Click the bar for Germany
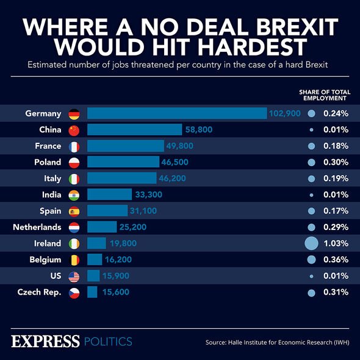click(x=177, y=113)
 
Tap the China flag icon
click(x=74, y=130)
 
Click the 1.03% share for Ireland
click(x=336, y=243)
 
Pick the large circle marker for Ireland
click(x=312, y=243)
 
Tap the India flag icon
click(x=74, y=195)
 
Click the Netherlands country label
click(x=37, y=228)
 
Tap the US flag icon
click(x=74, y=276)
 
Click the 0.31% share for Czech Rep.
click(x=336, y=292)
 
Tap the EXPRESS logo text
click(x=46, y=340)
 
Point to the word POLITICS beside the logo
click(x=107, y=341)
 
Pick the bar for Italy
click(x=122, y=179)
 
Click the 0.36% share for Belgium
click(x=336, y=260)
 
